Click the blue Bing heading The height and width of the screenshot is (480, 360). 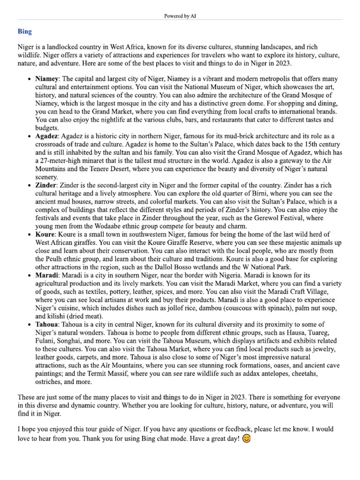(25, 31)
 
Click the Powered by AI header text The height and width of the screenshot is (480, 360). (180, 16)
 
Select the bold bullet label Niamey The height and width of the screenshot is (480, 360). (47, 79)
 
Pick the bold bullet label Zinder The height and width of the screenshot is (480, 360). (46, 185)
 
